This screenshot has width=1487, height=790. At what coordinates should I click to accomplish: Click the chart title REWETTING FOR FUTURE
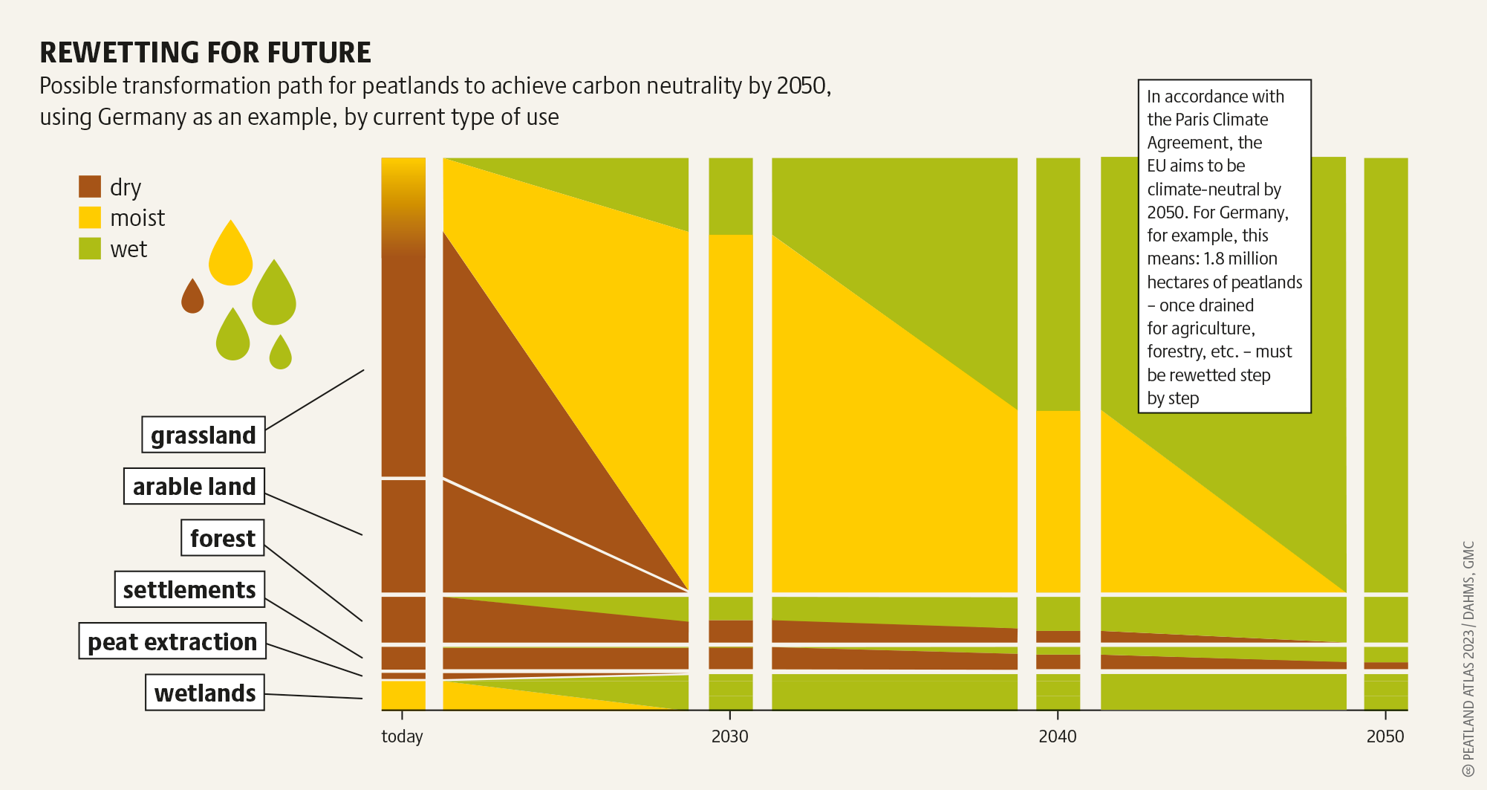coord(205,53)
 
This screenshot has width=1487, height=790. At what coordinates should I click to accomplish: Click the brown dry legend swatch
coord(90,187)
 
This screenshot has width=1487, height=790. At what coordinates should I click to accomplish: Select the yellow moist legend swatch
coord(90,218)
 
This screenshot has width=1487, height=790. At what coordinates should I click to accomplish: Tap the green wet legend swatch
coord(90,249)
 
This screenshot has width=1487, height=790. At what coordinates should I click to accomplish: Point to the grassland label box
coord(204,435)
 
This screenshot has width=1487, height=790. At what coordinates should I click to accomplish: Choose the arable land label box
coord(194,486)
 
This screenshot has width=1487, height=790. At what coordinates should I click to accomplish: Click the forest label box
coord(223,537)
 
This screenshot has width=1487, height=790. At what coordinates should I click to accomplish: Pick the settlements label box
coord(189,589)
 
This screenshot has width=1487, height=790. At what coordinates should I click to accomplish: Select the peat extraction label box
coord(172,641)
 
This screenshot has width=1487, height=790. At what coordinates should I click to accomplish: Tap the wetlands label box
coord(205,693)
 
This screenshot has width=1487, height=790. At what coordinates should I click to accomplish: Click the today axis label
coord(402,736)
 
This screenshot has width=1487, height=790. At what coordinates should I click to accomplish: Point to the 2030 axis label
coord(729,736)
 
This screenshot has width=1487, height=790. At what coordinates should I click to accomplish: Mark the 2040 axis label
coord(1057,736)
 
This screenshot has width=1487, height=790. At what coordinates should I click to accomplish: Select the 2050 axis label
coord(1385,736)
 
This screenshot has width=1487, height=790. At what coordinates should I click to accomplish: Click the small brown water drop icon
coord(192,297)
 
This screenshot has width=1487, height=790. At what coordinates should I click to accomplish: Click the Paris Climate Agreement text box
coord(1224,246)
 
